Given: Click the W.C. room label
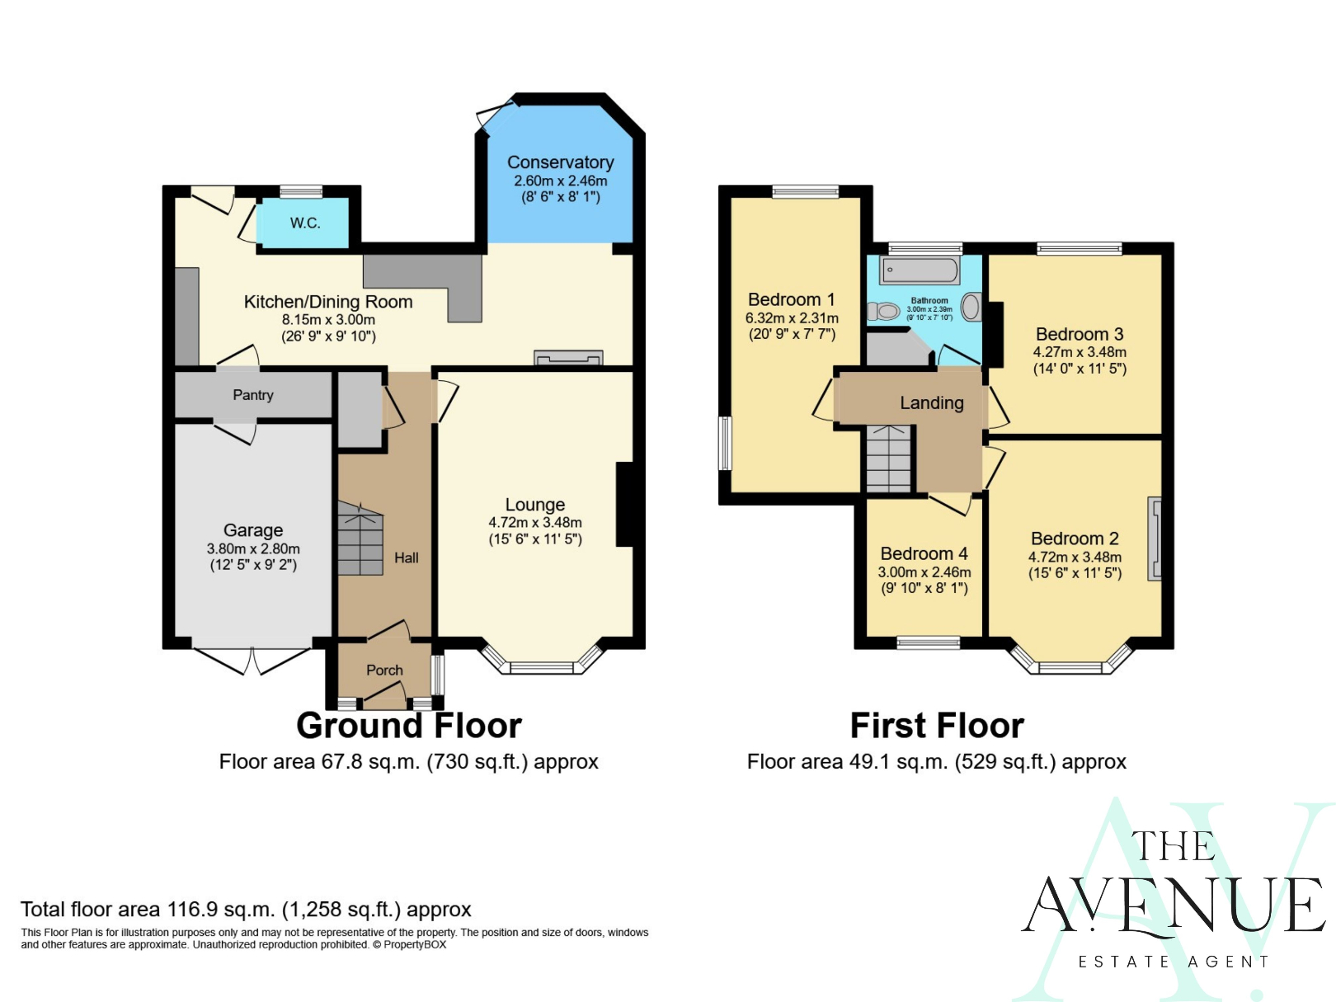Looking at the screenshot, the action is click(304, 223).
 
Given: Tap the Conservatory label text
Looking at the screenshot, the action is click(560, 162).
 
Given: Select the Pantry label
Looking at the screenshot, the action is click(252, 395).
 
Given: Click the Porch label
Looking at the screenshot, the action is click(384, 670).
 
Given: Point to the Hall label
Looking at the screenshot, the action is click(406, 557).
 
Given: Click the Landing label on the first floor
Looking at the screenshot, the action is click(931, 402).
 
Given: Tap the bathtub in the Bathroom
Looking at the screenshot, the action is click(920, 270).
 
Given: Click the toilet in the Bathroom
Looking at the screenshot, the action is click(883, 312).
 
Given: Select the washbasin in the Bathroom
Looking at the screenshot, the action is click(971, 307).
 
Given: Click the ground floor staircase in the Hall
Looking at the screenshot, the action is click(360, 539).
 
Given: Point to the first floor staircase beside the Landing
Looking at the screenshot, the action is click(888, 459).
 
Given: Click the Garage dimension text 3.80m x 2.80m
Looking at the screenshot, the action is click(252, 548).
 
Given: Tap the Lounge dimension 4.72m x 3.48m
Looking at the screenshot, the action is click(534, 522).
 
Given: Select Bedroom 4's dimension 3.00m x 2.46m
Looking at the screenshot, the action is click(924, 572).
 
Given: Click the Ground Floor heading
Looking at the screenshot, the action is click(408, 726).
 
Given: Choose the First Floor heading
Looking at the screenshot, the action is click(937, 726).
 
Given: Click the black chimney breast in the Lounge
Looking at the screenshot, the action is click(625, 505).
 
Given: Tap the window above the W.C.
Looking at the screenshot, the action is click(301, 191).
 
